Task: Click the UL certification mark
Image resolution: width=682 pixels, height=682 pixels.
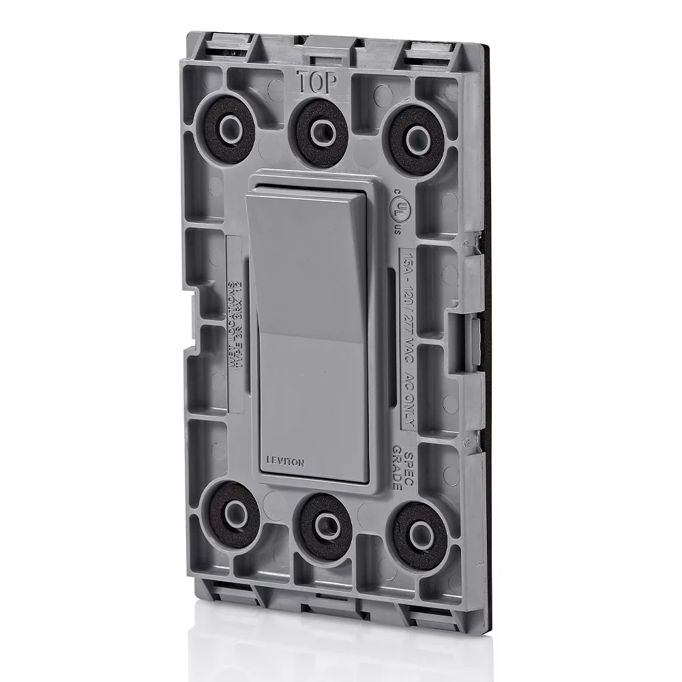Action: coord(398,209)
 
